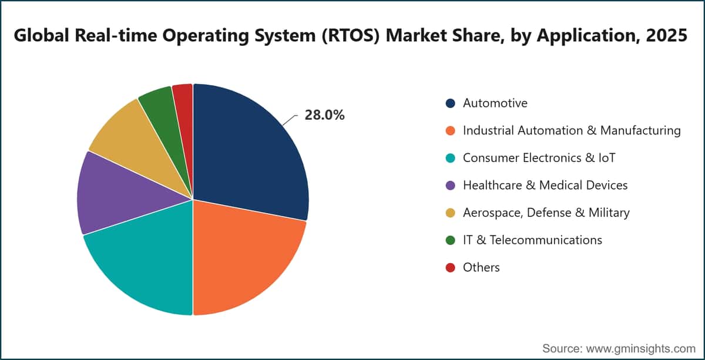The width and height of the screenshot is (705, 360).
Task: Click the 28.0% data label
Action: tap(324, 115)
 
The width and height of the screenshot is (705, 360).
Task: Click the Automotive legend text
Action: tap(495, 103)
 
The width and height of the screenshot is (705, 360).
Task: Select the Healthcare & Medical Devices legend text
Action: tap(545, 186)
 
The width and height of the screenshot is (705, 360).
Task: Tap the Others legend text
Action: tap(481, 267)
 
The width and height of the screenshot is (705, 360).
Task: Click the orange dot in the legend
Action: tap(451, 130)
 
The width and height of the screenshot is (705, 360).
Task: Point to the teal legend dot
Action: tap(451, 158)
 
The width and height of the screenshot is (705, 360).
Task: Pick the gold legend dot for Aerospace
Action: tap(451, 213)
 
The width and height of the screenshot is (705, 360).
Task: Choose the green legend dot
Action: tap(451, 240)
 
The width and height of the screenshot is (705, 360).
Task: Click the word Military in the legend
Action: tap(609, 213)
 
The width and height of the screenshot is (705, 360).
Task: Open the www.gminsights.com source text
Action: tap(640, 349)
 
